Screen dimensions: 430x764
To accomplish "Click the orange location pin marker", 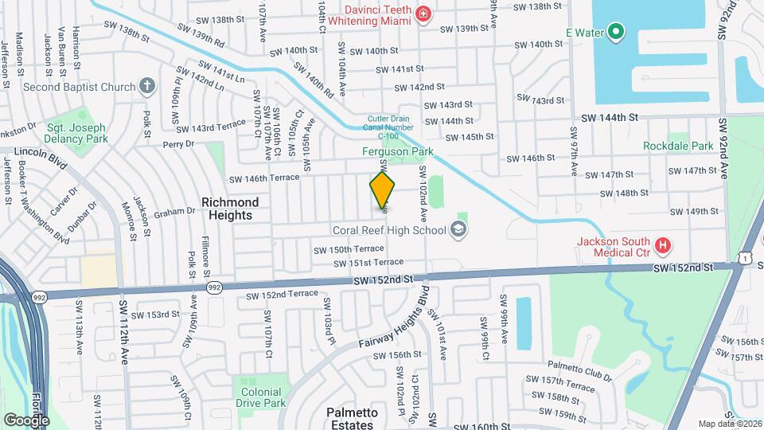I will click(382, 190).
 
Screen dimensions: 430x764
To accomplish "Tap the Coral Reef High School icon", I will click(458, 230).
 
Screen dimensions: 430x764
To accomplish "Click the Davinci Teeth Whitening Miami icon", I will click(423, 14).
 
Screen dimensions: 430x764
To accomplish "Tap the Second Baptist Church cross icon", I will click(146, 86).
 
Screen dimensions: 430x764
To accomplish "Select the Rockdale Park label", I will click(679, 146).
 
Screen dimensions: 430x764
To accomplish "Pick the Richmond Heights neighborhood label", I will click(227, 209).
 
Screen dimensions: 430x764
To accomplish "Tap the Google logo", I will click(25, 420).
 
